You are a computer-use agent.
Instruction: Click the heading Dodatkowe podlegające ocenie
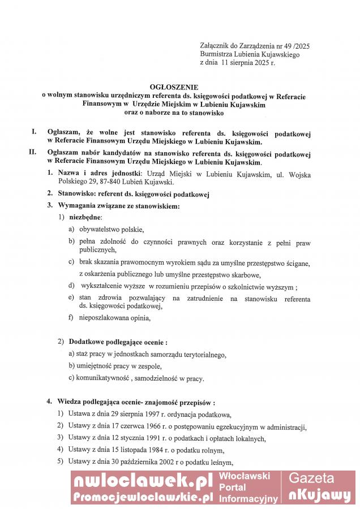point(116,342)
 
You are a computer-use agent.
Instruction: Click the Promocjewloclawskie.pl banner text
point(142,497)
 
